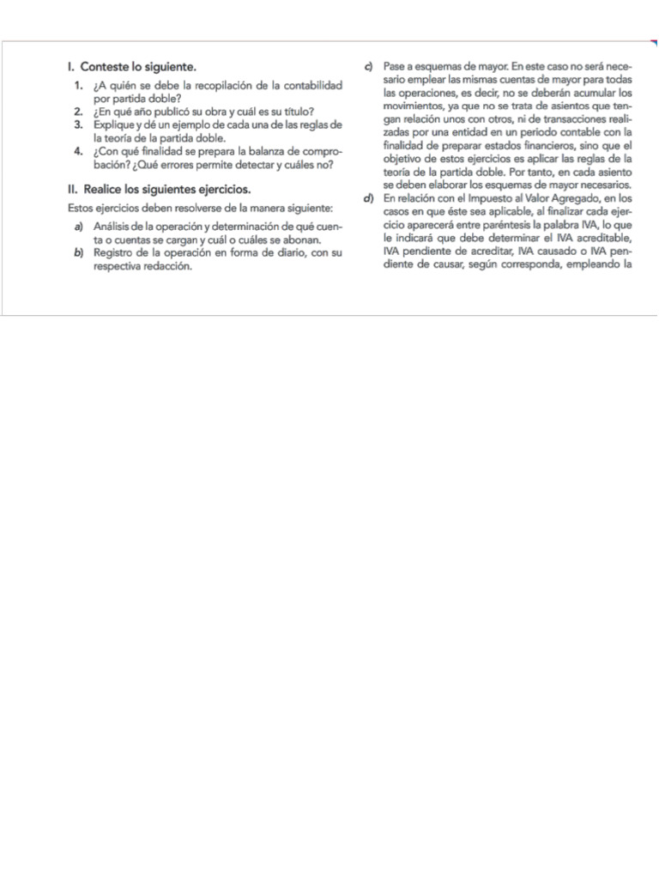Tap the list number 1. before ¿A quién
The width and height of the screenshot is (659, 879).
78,86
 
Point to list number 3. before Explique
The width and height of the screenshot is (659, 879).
78,124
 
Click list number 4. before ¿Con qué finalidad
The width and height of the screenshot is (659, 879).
78,152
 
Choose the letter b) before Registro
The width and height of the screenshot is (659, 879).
78,253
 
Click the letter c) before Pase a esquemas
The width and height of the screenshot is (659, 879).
367,66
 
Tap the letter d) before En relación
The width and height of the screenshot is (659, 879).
367,199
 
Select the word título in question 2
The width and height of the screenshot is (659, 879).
293,112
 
